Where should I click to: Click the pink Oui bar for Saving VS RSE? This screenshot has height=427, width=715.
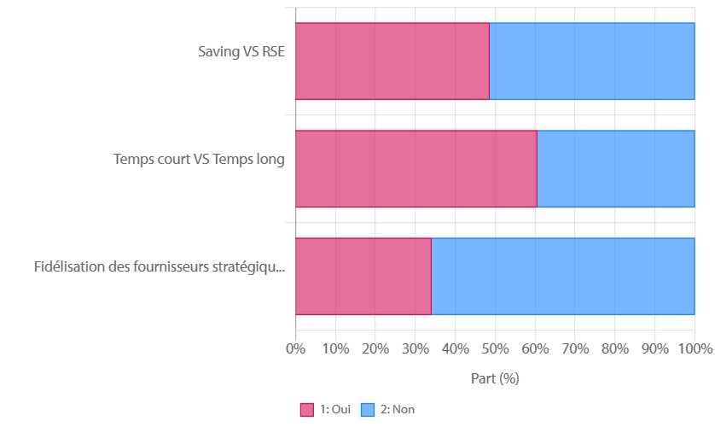point(392,61)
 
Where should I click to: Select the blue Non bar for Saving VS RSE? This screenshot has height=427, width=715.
point(591,61)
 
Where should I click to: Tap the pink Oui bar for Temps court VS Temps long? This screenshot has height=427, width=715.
point(416,168)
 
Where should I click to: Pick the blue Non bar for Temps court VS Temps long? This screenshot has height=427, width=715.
point(615,168)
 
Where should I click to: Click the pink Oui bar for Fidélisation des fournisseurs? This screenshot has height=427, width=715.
point(363,276)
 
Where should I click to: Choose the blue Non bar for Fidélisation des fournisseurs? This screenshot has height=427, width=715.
point(562,276)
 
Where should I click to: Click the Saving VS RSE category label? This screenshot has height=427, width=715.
point(241,51)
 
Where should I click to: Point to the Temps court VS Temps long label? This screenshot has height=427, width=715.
point(199,159)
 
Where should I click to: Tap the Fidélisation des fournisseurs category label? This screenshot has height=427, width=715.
point(160,266)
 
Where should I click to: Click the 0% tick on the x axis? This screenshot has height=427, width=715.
point(295,348)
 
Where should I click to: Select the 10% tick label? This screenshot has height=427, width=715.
point(335,348)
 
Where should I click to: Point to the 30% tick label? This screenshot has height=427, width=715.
point(415,348)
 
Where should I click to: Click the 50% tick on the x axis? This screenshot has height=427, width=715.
point(495,348)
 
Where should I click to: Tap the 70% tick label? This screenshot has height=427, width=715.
point(575,348)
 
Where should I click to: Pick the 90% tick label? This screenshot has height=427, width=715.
point(654,348)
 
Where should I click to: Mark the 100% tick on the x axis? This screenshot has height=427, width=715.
point(695,348)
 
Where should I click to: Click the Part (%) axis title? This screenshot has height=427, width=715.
point(495,377)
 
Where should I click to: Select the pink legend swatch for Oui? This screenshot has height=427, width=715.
point(307,410)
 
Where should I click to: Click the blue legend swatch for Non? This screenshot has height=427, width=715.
point(368,410)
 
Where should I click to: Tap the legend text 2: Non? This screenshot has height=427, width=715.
point(398,410)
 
